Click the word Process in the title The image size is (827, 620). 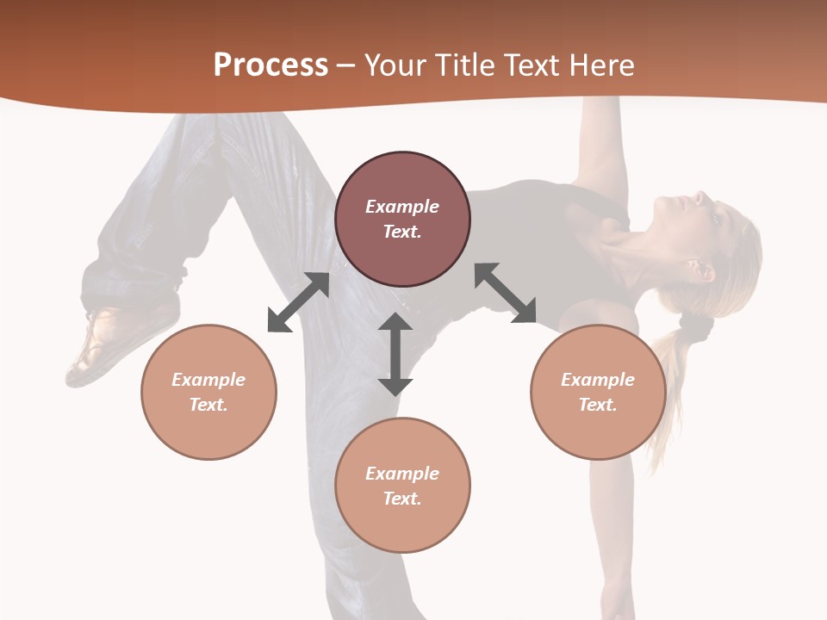click(270, 65)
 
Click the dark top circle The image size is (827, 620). click(402, 219)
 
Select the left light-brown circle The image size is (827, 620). click(208, 392)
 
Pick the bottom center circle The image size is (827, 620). click(402, 486)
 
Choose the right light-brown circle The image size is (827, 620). click(598, 392)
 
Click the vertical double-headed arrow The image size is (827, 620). click(395, 354)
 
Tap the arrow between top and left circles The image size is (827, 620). click(298, 302)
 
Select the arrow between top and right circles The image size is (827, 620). click(506, 293)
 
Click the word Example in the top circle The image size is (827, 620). click(402, 207)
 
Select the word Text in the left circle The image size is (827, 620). click(208, 405)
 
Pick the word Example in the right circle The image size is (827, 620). click(598, 380)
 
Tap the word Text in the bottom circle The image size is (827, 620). click(402, 499)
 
